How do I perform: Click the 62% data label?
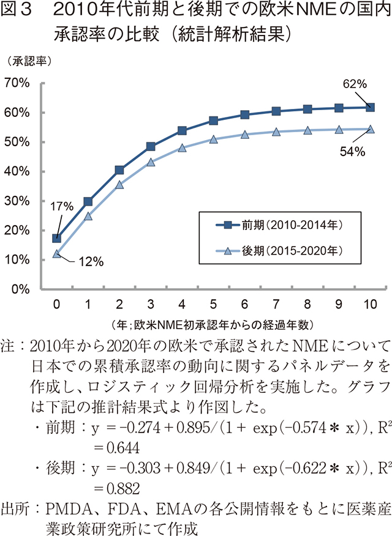pos(355,83)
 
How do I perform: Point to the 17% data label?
pos(61,206)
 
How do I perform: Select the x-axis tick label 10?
pos(369,304)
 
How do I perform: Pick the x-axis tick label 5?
pos(213,304)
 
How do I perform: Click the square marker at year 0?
pos(56,238)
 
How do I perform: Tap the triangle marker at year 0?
pos(56,253)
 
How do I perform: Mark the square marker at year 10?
pos(370,107)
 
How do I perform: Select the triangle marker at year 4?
pos(182,147)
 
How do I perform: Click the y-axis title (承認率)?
pos(29,61)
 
